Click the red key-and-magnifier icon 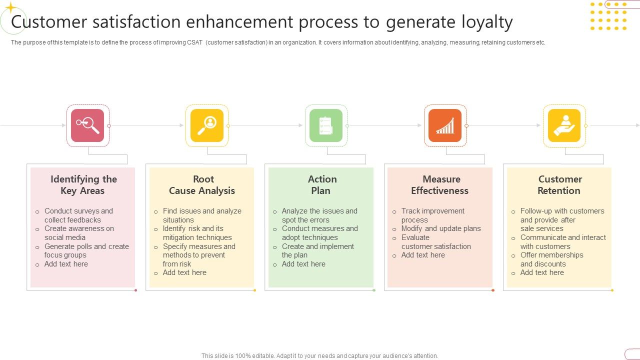pos(87,125)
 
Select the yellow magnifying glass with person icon pos(206,125)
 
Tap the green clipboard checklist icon pos(326,125)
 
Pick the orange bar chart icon pos(445,125)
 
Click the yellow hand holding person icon pos(564,125)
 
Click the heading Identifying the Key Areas pos(83,184)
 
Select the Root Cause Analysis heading pos(202,184)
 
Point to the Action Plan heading pos(321,184)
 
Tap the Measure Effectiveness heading pos(440,184)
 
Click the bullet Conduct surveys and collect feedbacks pos(78,215)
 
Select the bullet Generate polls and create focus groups pos(86,250)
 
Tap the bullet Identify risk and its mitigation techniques pos(197,233)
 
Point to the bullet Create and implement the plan pos(317,250)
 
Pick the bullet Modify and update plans pos(440,228)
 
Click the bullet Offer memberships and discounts pos(551,259)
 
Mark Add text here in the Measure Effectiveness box pos(423,255)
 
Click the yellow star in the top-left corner pos(10,7)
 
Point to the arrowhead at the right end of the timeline pos(637,125)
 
